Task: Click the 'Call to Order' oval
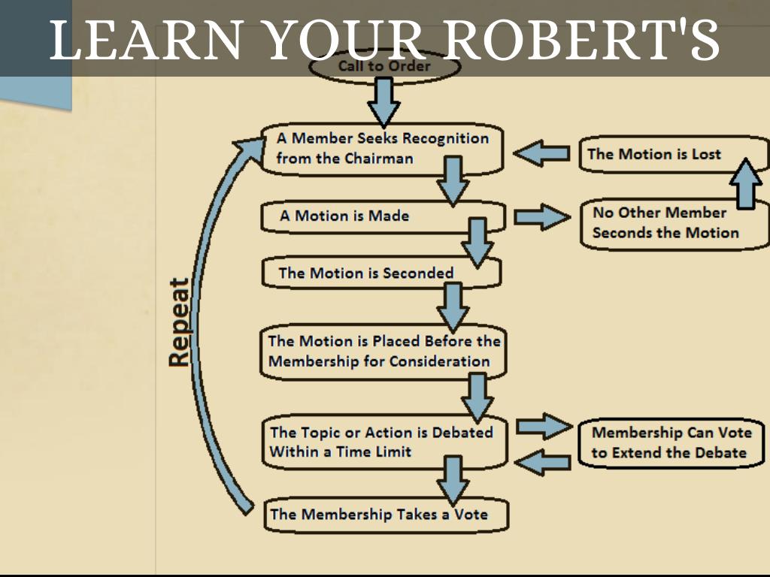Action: pos(383,66)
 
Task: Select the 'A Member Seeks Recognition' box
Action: pos(382,148)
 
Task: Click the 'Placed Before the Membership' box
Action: pos(383,351)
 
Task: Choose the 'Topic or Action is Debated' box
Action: pos(382,443)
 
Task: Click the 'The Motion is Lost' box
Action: pos(654,155)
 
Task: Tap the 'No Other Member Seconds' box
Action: pos(665,223)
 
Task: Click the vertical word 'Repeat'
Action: pos(179,323)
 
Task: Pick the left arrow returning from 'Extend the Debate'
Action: pos(543,462)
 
